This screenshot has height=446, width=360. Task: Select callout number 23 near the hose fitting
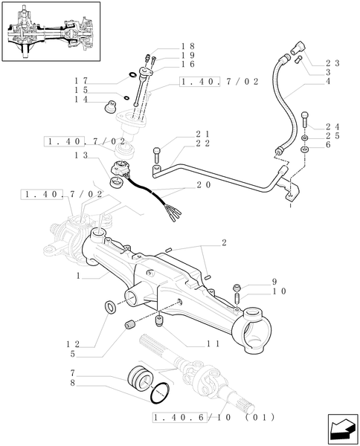(x=331, y=64)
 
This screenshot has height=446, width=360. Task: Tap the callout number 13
(x=81, y=155)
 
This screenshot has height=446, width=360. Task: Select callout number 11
(x=213, y=343)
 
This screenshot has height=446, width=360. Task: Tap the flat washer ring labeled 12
(x=111, y=306)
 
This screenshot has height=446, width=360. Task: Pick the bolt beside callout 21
(x=156, y=156)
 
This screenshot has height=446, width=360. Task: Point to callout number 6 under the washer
(x=331, y=148)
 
